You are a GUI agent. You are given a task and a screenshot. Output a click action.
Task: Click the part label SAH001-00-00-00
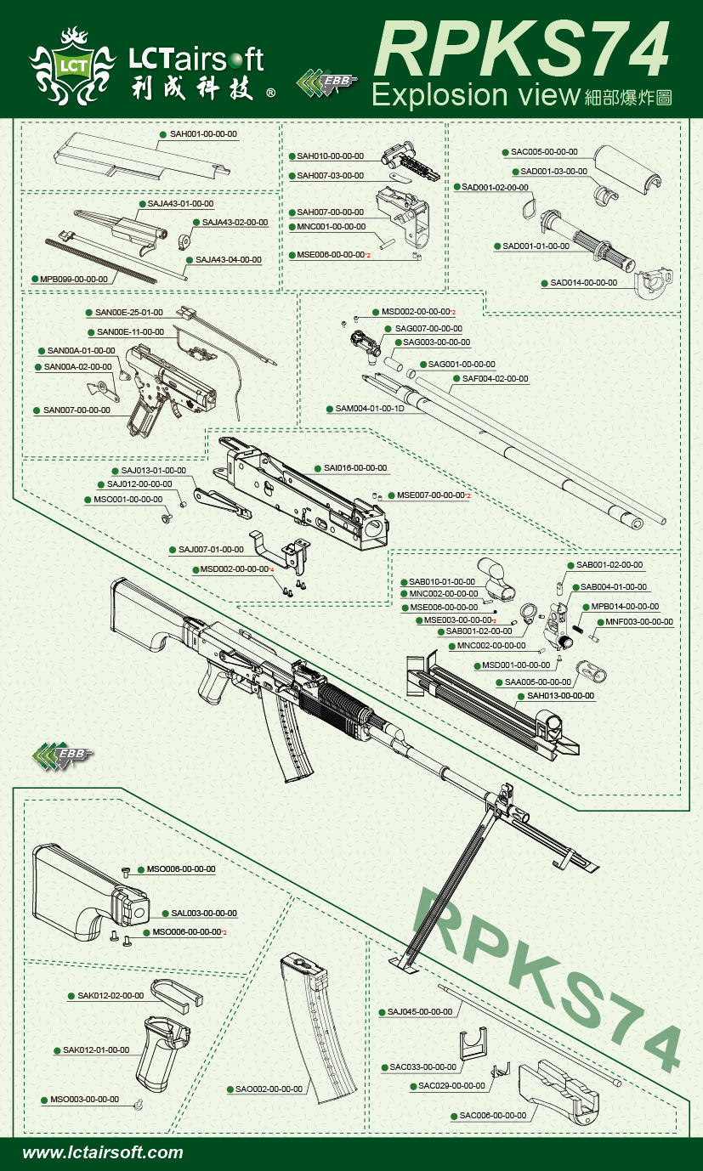(203, 134)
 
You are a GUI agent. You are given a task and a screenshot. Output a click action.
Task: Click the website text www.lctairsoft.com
(103, 1153)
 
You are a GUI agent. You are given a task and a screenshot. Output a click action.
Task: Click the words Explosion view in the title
(475, 94)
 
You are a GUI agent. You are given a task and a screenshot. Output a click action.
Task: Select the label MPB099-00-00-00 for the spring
(73, 279)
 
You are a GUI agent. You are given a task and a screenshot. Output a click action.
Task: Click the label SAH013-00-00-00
(560, 696)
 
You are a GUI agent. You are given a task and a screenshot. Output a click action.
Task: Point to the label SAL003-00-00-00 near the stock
(203, 914)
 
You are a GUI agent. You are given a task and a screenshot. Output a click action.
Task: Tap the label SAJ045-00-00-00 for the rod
(420, 1012)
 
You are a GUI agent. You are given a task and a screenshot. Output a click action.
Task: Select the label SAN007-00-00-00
(77, 410)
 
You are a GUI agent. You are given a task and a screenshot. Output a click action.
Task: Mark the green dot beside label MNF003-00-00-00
(600, 622)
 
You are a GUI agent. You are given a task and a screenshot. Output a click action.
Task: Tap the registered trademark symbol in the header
(271, 94)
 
